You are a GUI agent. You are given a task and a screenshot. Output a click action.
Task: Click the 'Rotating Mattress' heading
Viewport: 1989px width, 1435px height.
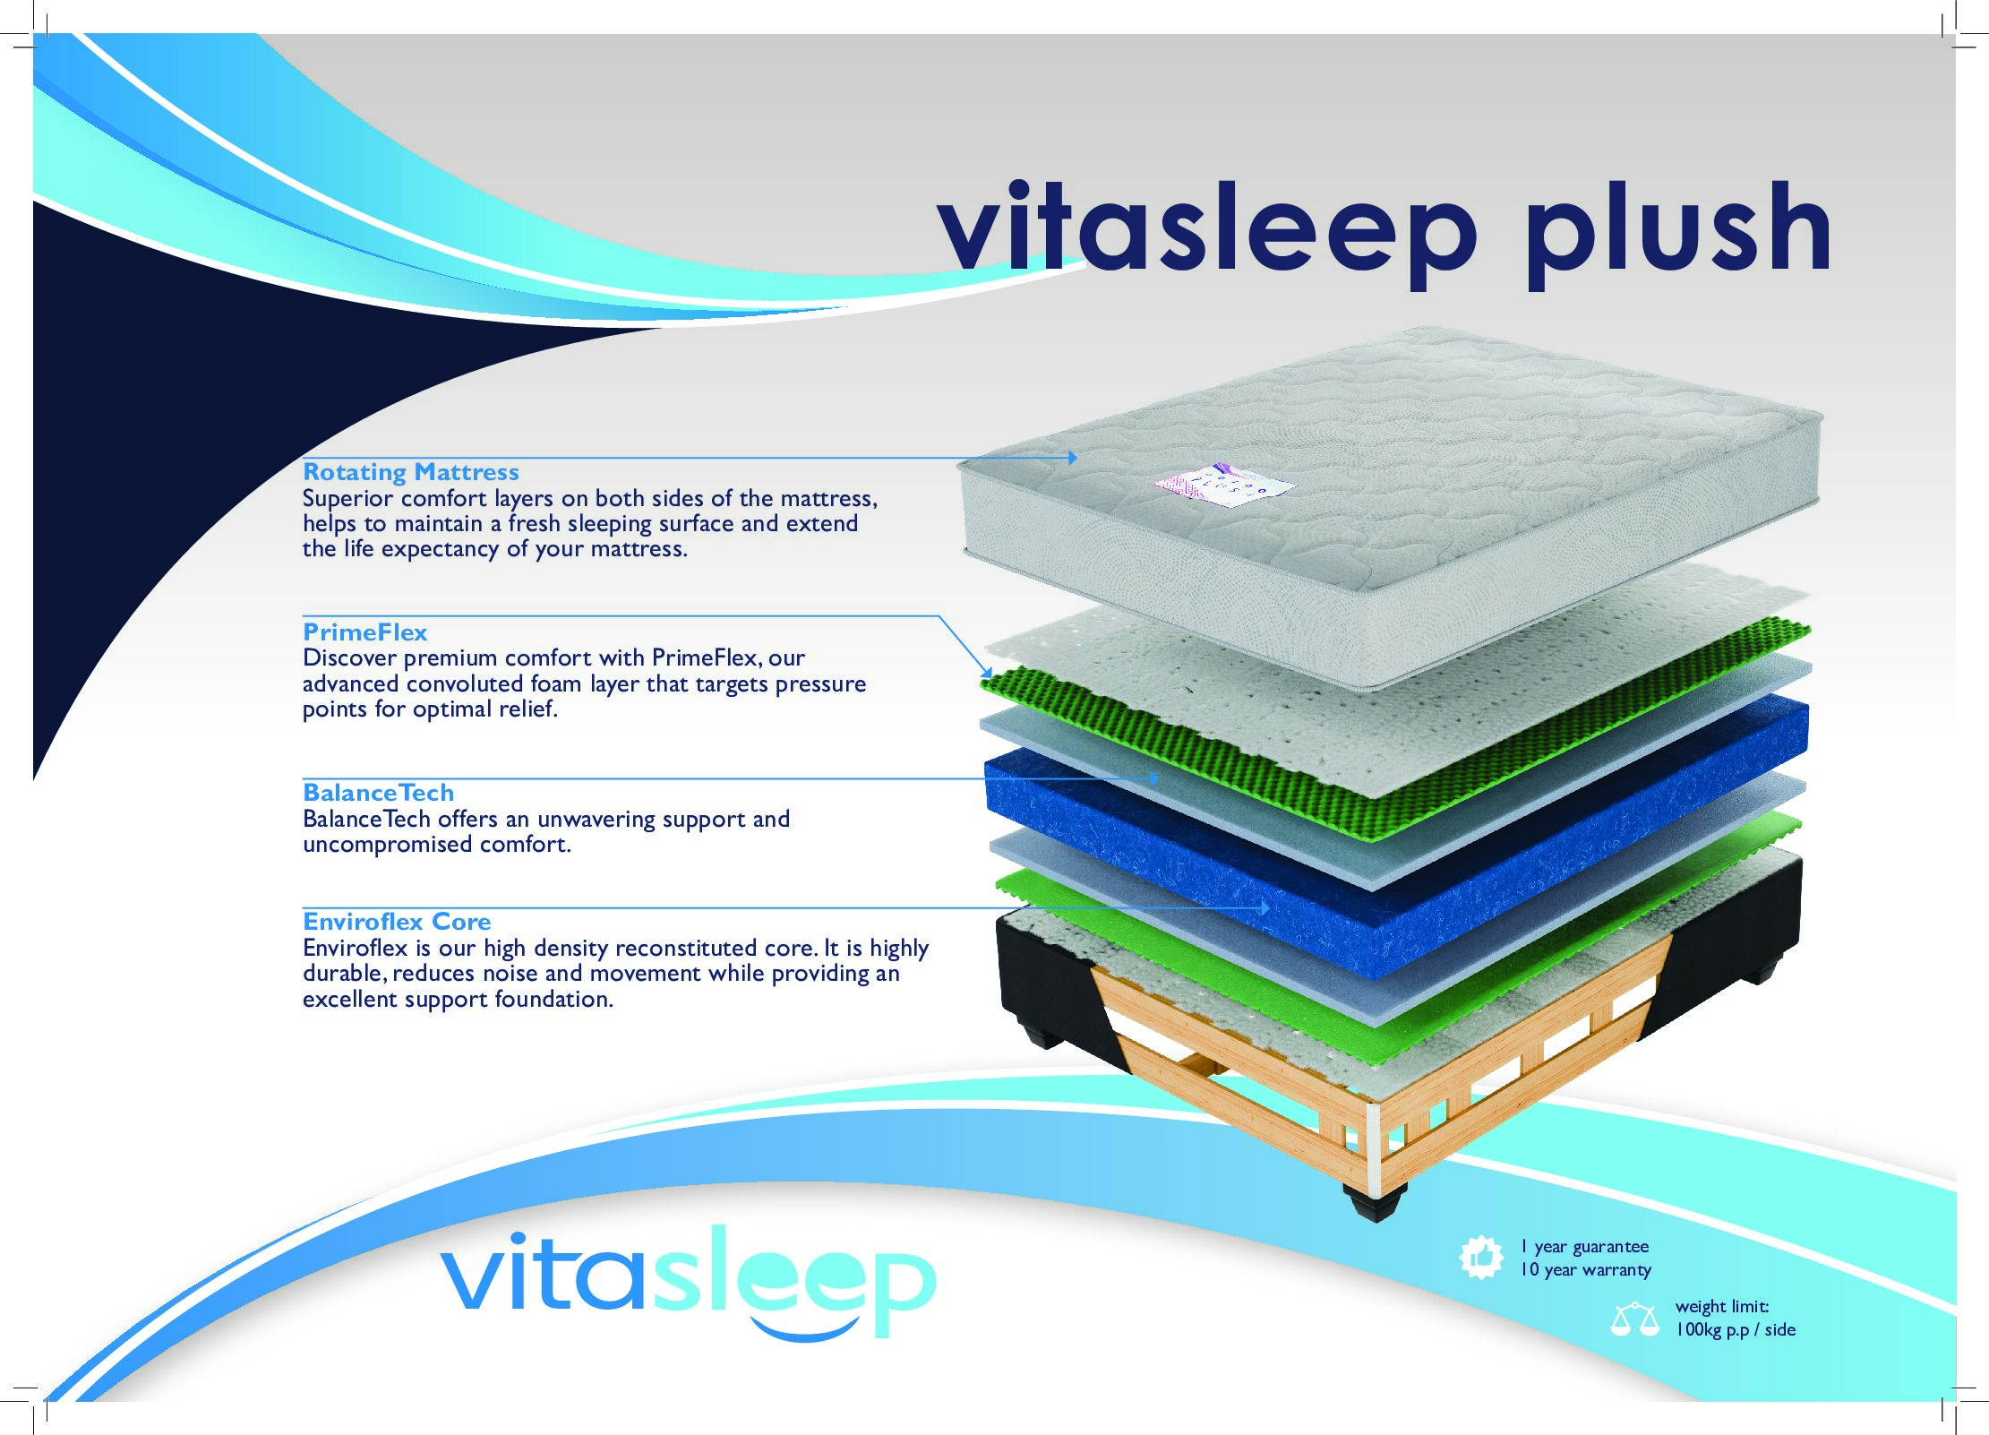pyautogui.click(x=411, y=472)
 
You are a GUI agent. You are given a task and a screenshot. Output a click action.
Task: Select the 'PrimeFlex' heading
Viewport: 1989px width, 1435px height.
pyautogui.click(x=364, y=632)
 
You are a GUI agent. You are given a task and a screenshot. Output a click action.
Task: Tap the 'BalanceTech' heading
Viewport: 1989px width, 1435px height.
pyautogui.click(x=378, y=793)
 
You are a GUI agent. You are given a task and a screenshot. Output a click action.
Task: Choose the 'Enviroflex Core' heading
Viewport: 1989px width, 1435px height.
pyautogui.click(x=397, y=922)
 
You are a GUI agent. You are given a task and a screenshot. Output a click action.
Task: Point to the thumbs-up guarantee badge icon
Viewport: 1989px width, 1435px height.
pyautogui.click(x=1481, y=1258)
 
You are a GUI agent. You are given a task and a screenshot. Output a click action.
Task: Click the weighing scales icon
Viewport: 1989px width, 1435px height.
pyautogui.click(x=1634, y=1320)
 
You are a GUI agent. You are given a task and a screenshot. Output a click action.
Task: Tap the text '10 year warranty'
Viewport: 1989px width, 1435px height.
pyautogui.click(x=1585, y=1270)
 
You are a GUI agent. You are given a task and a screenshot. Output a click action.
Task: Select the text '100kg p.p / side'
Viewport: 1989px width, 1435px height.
pyautogui.click(x=1736, y=1330)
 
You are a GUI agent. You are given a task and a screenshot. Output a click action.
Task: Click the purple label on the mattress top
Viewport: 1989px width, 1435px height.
pyautogui.click(x=1222, y=485)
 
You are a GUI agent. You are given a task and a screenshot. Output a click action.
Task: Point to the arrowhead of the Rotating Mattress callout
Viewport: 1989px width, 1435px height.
pyautogui.click(x=1072, y=458)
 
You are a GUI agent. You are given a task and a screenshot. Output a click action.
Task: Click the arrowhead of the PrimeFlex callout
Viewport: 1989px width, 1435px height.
pyautogui.click(x=987, y=672)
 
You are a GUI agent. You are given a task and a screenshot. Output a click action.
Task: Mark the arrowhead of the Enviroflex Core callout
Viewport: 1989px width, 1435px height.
pyautogui.click(x=1265, y=908)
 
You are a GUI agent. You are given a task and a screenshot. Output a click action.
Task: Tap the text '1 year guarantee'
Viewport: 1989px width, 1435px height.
pyautogui.click(x=1584, y=1247)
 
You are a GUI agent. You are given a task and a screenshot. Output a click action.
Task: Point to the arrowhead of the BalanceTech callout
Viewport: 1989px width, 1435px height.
pyautogui.click(x=1153, y=779)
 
